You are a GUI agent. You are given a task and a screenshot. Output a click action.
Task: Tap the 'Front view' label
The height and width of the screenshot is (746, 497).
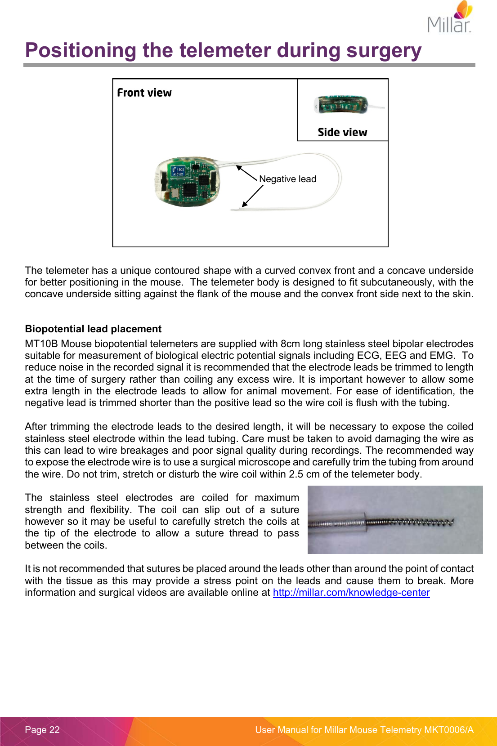click(x=144, y=93)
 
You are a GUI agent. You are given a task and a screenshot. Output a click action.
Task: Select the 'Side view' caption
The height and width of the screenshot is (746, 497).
click(x=342, y=132)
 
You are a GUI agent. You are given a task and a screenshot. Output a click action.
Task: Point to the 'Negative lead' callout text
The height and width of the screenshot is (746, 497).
click(x=287, y=179)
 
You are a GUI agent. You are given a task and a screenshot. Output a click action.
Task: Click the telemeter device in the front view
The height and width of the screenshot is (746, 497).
click(x=188, y=182)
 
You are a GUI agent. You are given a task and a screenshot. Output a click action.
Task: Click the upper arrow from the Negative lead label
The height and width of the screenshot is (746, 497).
click(x=246, y=173)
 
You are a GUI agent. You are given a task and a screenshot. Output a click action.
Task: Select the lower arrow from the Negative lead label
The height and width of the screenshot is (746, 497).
click(x=252, y=196)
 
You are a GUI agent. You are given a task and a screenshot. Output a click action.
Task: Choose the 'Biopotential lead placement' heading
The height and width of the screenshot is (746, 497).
click(x=93, y=329)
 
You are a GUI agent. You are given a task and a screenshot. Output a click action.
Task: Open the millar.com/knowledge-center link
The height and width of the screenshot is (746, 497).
click(x=351, y=593)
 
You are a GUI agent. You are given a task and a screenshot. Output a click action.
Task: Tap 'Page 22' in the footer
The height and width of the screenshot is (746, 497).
click(x=42, y=730)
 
